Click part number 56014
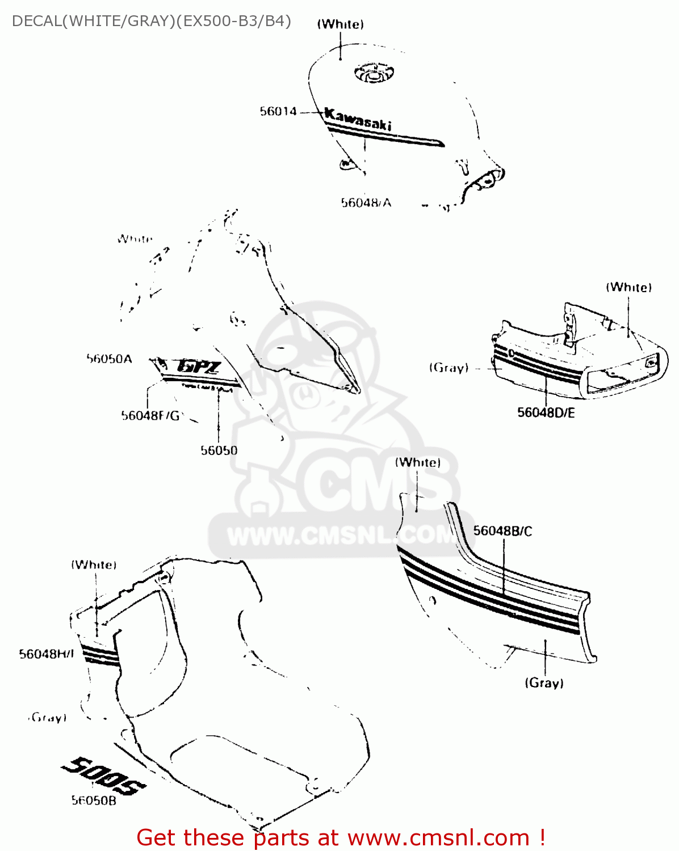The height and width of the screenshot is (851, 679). point(278,111)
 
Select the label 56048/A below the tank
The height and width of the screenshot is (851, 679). point(366,203)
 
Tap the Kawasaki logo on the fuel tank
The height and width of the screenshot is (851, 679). point(358,120)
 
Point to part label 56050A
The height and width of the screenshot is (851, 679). point(109,359)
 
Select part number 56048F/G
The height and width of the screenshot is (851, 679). point(150,416)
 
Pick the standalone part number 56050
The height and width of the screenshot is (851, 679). point(219,450)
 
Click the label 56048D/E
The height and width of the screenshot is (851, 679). point(546,412)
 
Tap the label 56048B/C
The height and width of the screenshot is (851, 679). point(502,531)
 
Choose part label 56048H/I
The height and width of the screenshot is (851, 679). point(47,654)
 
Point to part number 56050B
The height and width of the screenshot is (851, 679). point(94,801)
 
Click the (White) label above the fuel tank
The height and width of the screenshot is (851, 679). point(340,24)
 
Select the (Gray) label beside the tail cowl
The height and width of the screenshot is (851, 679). point(449,368)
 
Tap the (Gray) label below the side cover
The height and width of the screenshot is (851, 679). point(544,683)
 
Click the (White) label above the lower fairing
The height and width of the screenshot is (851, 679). point(94,564)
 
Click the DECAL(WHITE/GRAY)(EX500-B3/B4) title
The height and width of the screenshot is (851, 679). point(152,21)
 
